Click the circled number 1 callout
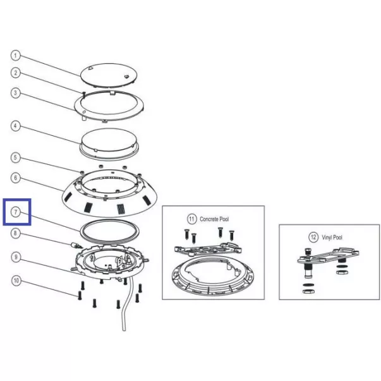coord(16,56)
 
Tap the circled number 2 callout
coord(16,73)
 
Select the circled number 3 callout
coord(16,93)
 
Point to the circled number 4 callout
coord(16,126)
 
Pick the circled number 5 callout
coord(16,157)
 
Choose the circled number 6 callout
coord(16,178)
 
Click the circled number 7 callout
coord(16,212)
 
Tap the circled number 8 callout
coord(16,234)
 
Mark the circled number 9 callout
coord(16,257)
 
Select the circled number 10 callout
coord(16,281)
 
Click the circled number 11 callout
coord(191,219)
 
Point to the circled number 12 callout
coord(313,237)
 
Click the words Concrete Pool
coord(214,219)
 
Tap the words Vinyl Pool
coord(332,238)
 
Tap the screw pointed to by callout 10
coord(80,296)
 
